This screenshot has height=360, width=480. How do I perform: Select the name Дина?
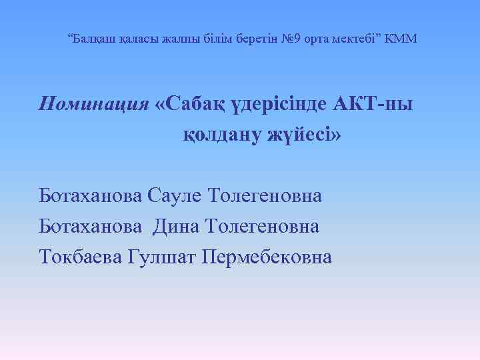(x=175, y=227)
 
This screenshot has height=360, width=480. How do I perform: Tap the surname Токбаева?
(x=81, y=257)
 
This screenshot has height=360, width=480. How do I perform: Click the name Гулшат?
(x=160, y=257)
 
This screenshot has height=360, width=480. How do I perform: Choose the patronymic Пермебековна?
(x=266, y=257)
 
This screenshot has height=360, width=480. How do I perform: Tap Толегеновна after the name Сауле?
(x=265, y=196)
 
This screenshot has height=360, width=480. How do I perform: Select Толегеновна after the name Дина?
(x=265, y=227)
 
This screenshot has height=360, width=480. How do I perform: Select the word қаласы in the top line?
(x=141, y=39)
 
